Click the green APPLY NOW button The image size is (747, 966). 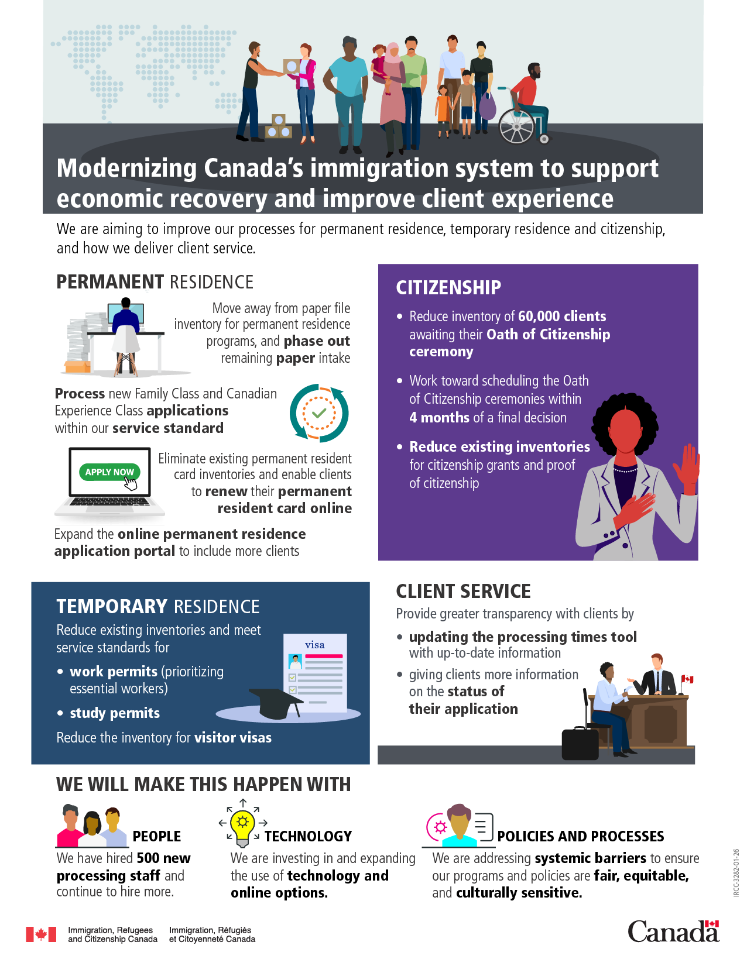(109, 472)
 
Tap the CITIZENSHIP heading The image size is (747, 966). (448, 288)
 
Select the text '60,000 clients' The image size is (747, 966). (562, 317)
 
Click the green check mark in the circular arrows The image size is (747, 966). (319, 413)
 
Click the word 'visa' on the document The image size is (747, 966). (315, 645)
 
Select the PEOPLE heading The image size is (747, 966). (157, 836)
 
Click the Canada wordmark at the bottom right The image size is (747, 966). (673, 931)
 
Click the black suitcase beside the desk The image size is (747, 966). (580, 743)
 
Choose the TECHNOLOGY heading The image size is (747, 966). (309, 836)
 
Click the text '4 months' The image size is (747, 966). (439, 418)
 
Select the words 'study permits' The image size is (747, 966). (115, 713)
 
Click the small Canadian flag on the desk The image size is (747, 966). (687, 679)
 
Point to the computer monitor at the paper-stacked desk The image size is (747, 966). (126, 313)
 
